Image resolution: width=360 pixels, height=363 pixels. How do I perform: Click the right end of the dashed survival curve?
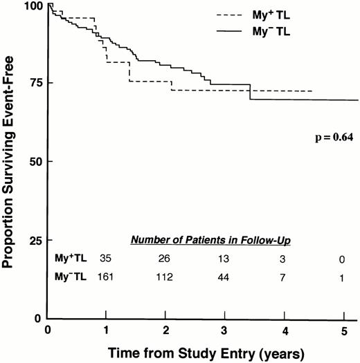(312, 91)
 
